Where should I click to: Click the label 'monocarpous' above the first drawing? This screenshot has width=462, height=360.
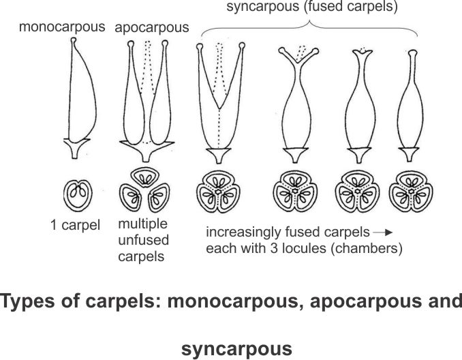pyautogui.click(x=62, y=28)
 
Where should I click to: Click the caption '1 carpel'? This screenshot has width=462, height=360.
pyautogui.click(x=76, y=224)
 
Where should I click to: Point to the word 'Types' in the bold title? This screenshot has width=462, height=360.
pyautogui.click(x=33, y=301)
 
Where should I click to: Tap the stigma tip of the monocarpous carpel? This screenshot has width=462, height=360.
pyautogui.click(x=74, y=42)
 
